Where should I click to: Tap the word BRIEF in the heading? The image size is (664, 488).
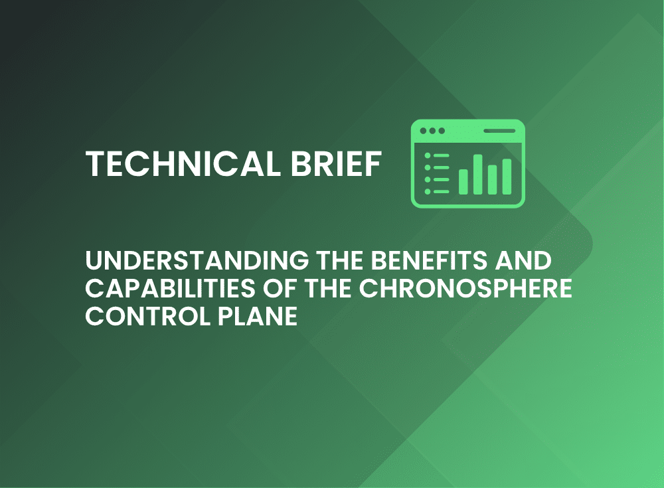pyautogui.click(x=337, y=163)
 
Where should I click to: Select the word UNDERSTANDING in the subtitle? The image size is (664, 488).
pyautogui.click(x=197, y=260)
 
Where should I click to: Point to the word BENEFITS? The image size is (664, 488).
pyautogui.click(x=430, y=260)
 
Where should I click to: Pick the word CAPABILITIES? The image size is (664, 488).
pyautogui.click(x=170, y=288)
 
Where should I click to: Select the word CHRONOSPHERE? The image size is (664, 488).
pyautogui.click(x=466, y=288)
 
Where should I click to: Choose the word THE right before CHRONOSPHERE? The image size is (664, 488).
pyautogui.click(x=328, y=288)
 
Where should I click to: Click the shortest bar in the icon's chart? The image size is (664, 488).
pyautogui.click(x=463, y=182)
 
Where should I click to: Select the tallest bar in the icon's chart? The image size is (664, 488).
pyautogui.click(x=477, y=175)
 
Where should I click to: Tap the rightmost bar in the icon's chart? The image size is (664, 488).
pyautogui.click(x=507, y=177)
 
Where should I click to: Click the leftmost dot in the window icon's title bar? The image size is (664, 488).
pyautogui.click(x=423, y=131)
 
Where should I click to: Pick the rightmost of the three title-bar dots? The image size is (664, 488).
pyautogui.click(x=442, y=131)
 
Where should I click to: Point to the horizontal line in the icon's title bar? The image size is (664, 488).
pyautogui.click(x=499, y=131)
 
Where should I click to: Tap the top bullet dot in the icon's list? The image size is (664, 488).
pyautogui.click(x=427, y=156)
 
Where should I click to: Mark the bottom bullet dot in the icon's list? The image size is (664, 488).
pyautogui.click(x=427, y=192)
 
